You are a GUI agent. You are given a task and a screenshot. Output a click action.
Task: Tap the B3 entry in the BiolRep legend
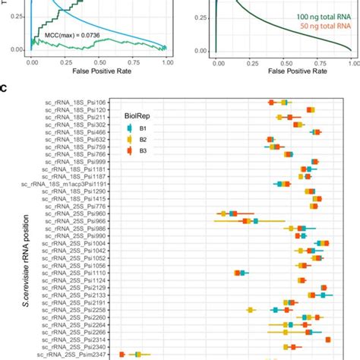tap(133, 151)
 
